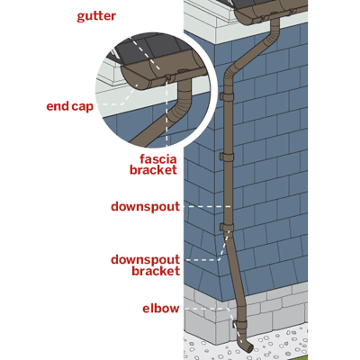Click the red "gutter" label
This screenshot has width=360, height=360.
pos(96,16)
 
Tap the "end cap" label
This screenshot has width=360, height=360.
pos(70,106)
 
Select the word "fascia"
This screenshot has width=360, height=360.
pos(158,158)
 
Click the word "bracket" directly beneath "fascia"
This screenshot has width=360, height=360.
pos(153,170)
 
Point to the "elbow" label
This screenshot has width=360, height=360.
pos(161,309)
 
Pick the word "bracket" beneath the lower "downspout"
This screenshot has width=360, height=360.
pos(156,271)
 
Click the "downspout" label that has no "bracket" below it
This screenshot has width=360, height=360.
pos(146,207)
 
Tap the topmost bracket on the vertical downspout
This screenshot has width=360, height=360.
pos(227,96)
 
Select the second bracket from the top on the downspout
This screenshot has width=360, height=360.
pos(227,157)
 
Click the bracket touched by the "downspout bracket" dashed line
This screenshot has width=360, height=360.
pos(227,227)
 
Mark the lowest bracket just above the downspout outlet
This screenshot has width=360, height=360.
pos(239,325)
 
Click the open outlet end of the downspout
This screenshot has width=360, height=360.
pos(250,348)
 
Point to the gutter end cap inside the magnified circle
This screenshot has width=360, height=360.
pos(132,78)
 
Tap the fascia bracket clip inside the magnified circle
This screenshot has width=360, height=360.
pos(168,77)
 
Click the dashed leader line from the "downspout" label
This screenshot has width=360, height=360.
pos(207,207)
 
